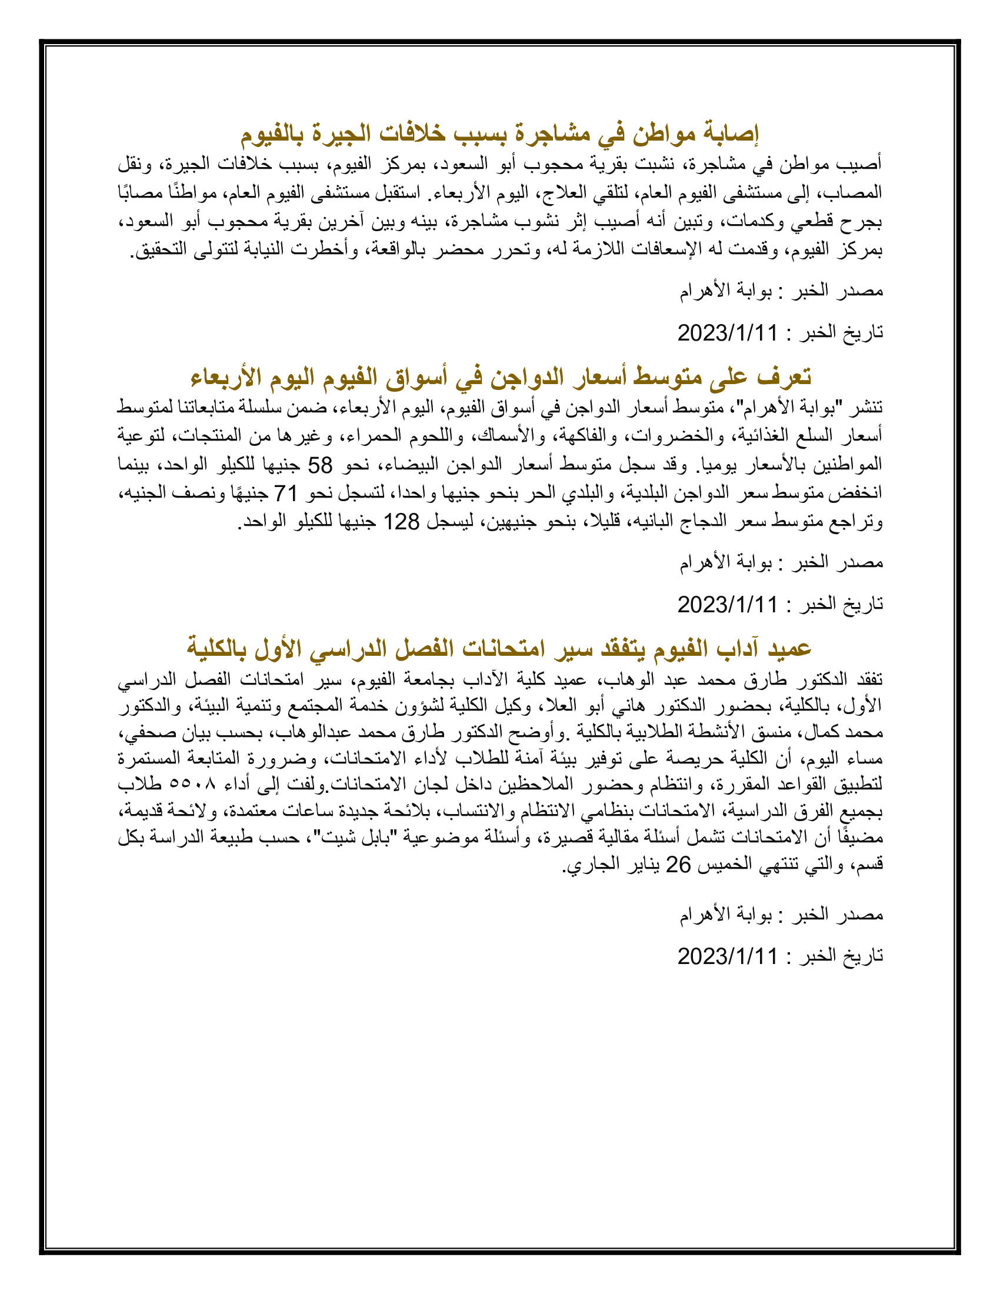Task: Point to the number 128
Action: pos(401,521)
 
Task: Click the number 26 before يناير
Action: pos(678,865)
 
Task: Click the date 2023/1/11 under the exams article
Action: pos(727,956)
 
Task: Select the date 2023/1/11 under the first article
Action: pos(727,332)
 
